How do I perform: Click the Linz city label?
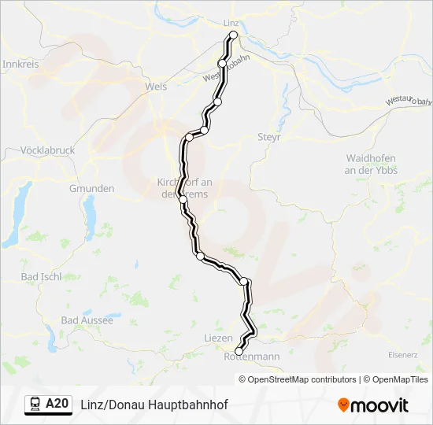[231, 23]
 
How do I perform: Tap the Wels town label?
[157, 87]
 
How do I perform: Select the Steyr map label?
[269, 137]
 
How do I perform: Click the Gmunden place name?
[92, 189]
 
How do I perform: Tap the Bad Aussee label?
[87, 320]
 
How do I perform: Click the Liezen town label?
[218, 338]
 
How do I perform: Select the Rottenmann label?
[252, 357]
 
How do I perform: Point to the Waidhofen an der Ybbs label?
[372, 164]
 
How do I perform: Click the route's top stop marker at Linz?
[233, 36]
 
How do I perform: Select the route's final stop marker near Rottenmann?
[239, 351]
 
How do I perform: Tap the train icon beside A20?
[35, 405]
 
